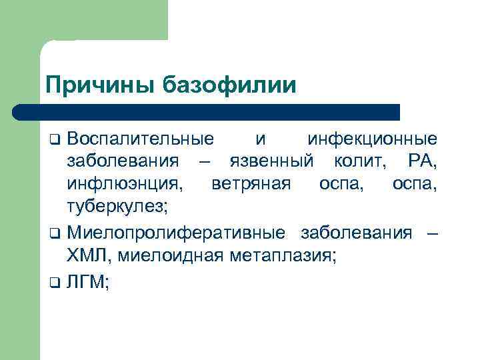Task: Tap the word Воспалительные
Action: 141,139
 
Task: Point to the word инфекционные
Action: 372,139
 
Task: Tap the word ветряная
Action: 251,184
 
